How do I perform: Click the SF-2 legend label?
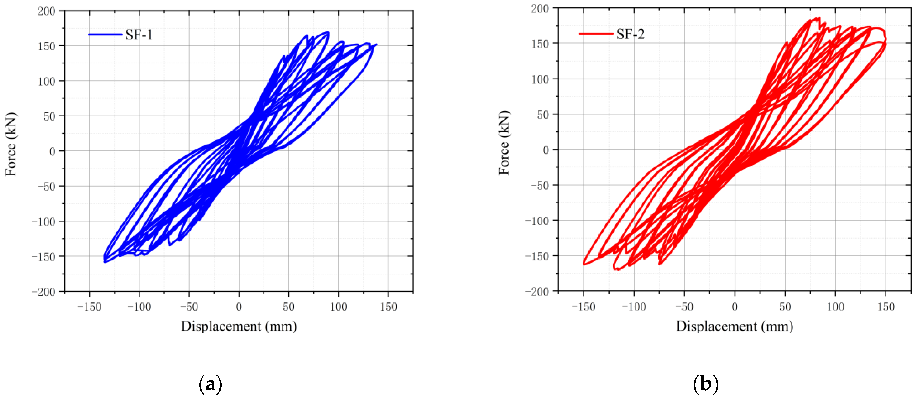(x=630, y=34)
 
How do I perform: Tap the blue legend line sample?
(x=105, y=35)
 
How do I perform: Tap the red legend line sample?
(x=596, y=34)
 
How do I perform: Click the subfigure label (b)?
(x=705, y=384)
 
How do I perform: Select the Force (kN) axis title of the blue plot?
(x=11, y=144)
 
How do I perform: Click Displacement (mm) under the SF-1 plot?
(x=239, y=326)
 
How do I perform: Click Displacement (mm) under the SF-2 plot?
(x=734, y=326)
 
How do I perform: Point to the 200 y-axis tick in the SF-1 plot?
(x=46, y=11)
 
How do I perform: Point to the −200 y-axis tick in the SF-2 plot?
(x=537, y=292)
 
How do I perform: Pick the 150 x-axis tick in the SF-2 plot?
(x=885, y=307)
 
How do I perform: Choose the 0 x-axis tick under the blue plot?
(x=239, y=307)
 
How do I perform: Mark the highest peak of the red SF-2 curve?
(x=819, y=18)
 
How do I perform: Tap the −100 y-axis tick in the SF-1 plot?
(x=44, y=222)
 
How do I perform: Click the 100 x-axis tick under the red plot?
(x=835, y=307)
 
